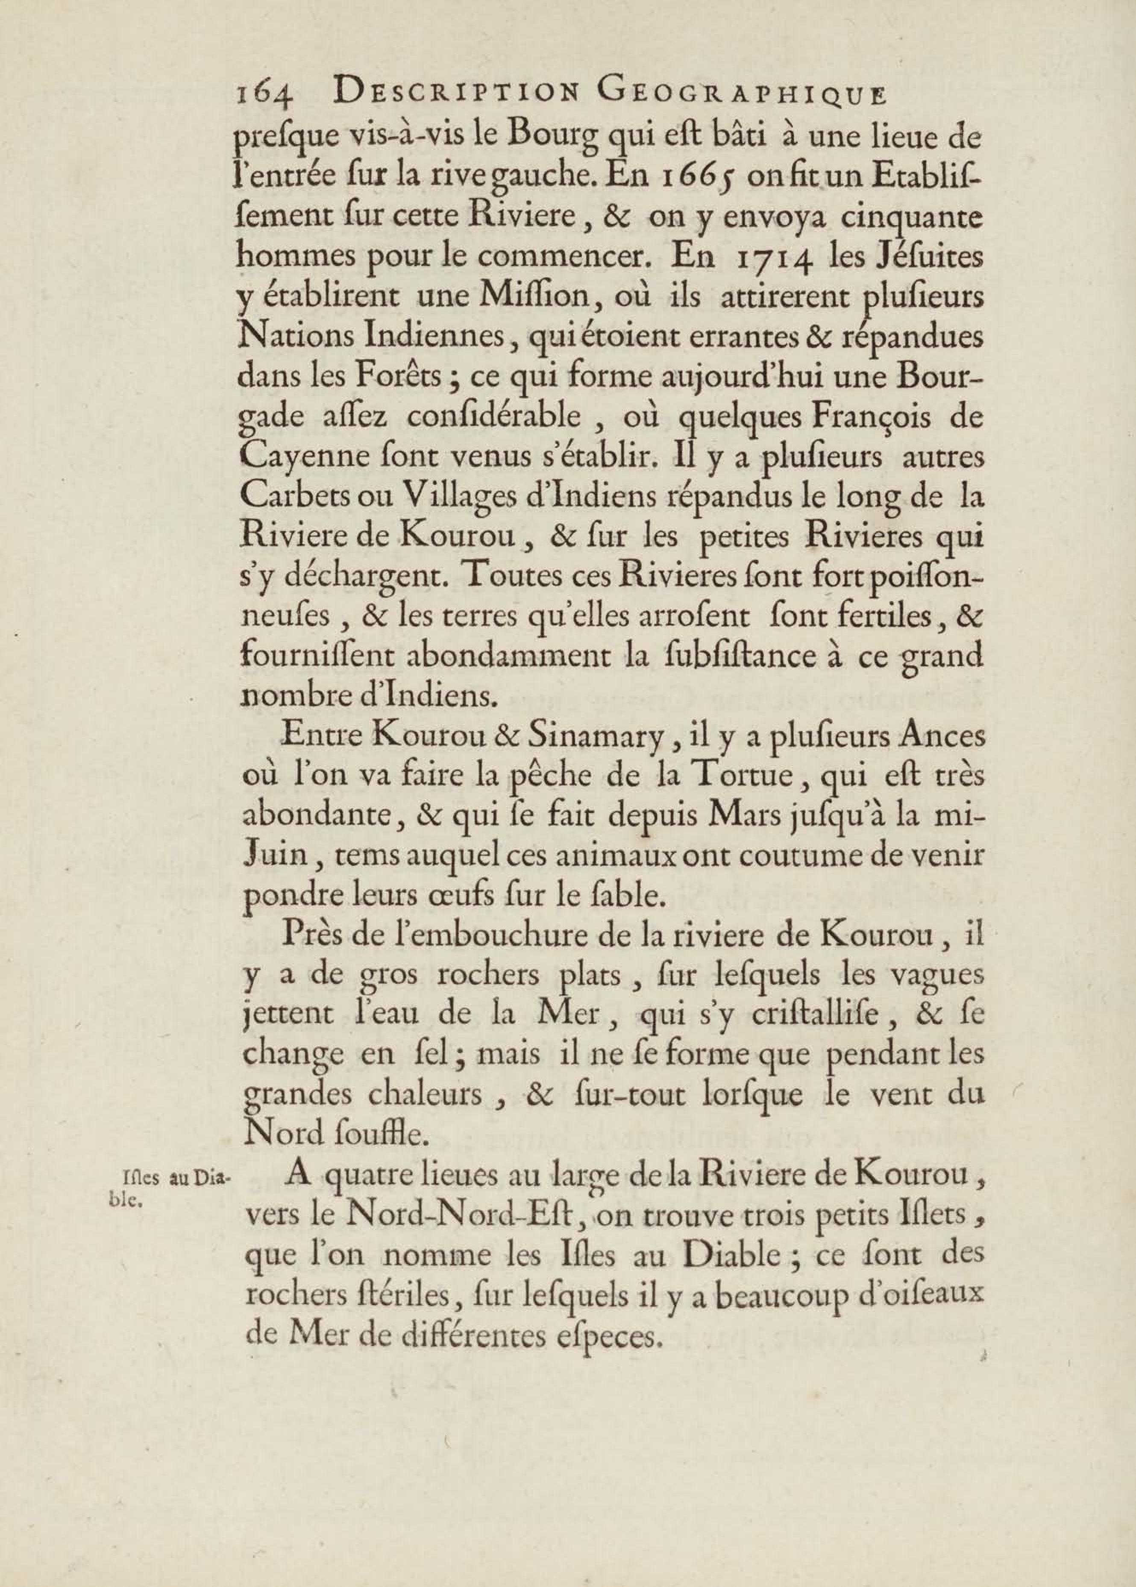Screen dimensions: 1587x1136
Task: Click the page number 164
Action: click(x=264, y=94)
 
